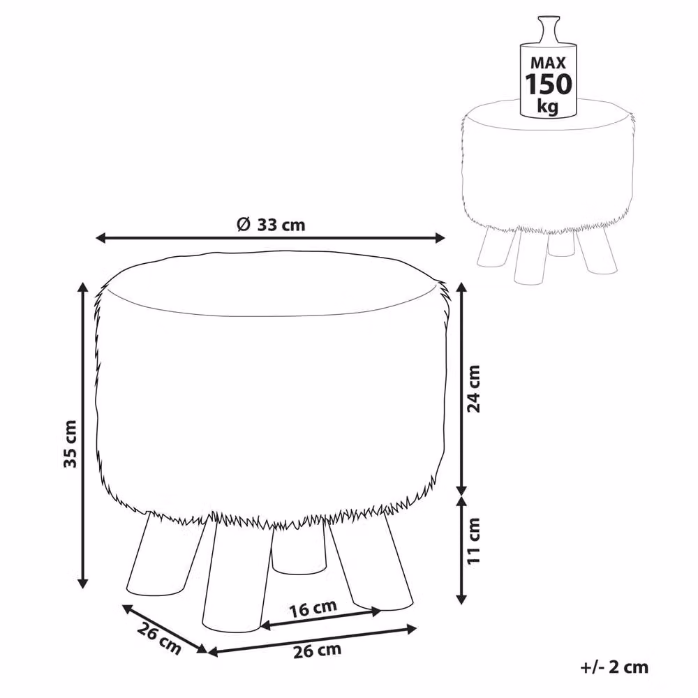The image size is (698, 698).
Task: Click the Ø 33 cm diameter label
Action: click(x=271, y=224)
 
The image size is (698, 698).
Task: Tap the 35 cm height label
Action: click(x=70, y=443)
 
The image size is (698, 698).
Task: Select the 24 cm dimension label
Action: click(x=473, y=389)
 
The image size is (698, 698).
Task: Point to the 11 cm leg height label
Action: click(x=473, y=540)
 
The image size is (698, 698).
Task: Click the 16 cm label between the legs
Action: click(x=313, y=608)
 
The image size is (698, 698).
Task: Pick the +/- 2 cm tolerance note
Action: click(x=614, y=667)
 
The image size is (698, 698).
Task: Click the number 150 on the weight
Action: click(x=549, y=84)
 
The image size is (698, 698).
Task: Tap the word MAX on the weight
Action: click(x=548, y=62)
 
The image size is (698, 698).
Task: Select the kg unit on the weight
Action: click(x=547, y=107)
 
